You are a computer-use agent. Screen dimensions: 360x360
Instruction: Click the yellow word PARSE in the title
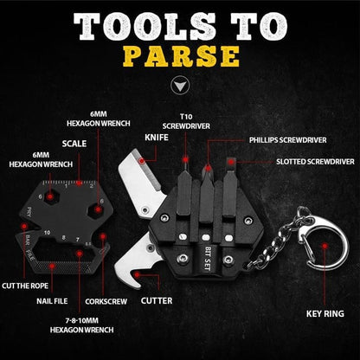tap(180, 55)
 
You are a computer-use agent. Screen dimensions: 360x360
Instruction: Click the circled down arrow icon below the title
tap(180, 87)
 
